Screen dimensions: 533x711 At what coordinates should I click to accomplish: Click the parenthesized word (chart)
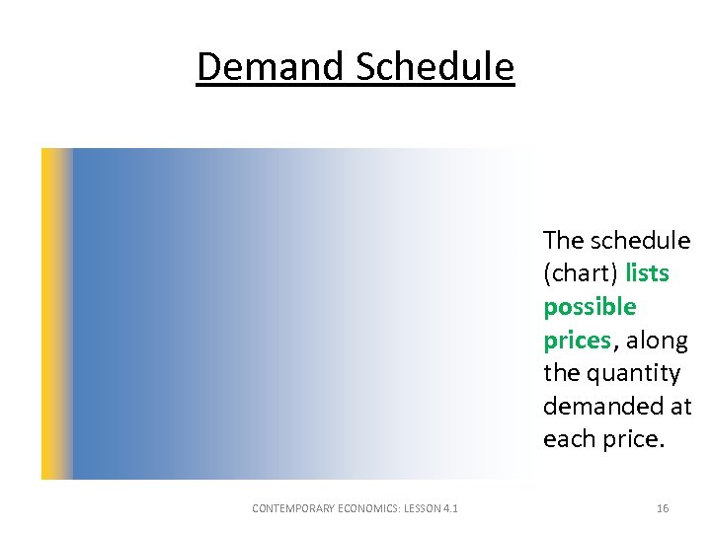pyautogui.click(x=580, y=273)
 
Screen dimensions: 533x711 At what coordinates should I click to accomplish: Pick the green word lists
pyautogui.click(x=647, y=273)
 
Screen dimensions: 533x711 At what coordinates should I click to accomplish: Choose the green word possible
pyautogui.click(x=590, y=307)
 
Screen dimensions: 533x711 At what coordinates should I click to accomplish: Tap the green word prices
pyautogui.click(x=577, y=341)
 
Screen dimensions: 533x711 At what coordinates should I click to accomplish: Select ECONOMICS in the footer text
pyautogui.click(x=374, y=508)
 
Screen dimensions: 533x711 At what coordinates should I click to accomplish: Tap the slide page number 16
pyautogui.click(x=663, y=508)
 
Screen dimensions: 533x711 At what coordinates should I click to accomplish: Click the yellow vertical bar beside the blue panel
pyautogui.click(x=55, y=314)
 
